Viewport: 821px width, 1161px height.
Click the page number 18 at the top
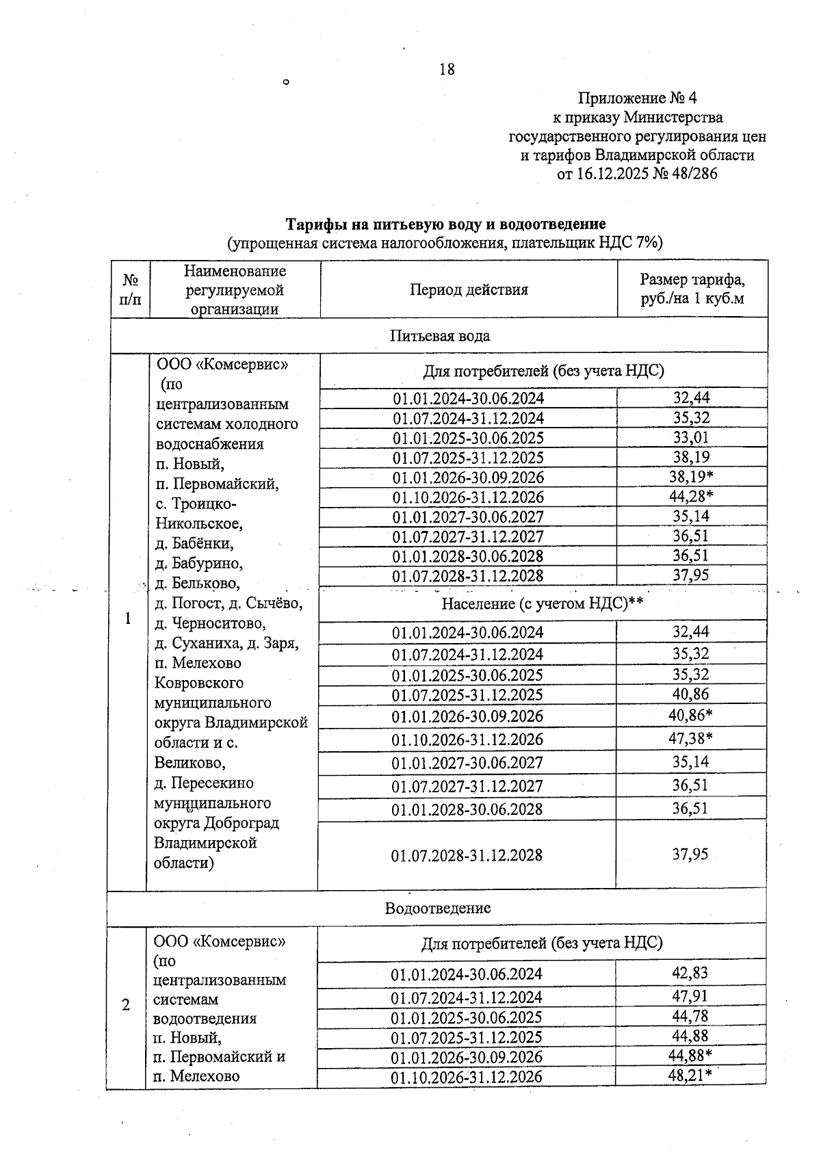447,69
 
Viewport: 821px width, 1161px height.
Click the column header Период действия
469,289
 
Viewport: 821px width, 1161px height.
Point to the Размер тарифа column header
692,289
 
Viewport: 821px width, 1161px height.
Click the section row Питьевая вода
439,336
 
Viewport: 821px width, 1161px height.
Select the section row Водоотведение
437,909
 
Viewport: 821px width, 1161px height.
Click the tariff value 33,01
690,437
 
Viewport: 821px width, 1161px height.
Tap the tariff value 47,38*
690,738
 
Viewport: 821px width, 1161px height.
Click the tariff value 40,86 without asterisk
690,694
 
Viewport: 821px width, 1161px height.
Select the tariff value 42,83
690,973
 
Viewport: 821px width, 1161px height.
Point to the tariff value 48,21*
690,1075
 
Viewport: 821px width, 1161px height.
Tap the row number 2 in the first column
126,1005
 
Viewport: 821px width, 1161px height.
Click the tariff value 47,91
690,996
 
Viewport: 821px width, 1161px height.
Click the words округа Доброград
216,823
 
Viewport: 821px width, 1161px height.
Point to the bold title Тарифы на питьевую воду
445,224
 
